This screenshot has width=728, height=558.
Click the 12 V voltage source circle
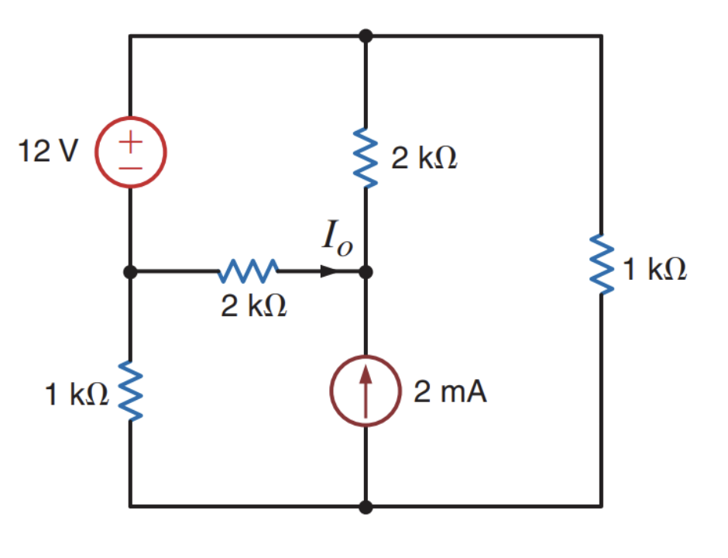(130, 153)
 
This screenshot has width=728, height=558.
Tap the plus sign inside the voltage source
(130, 142)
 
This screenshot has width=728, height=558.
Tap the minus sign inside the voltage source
(130, 165)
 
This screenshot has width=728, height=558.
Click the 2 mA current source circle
(366, 391)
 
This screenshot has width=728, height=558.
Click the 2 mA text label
(450, 392)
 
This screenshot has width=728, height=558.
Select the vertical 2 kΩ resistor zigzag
(366, 159)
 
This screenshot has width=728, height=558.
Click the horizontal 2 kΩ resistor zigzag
(249, 272)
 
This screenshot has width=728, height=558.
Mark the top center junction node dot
(366, 36)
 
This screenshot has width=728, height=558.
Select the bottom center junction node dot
(366, 507)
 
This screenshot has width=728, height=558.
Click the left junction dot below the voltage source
(130, 272)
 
